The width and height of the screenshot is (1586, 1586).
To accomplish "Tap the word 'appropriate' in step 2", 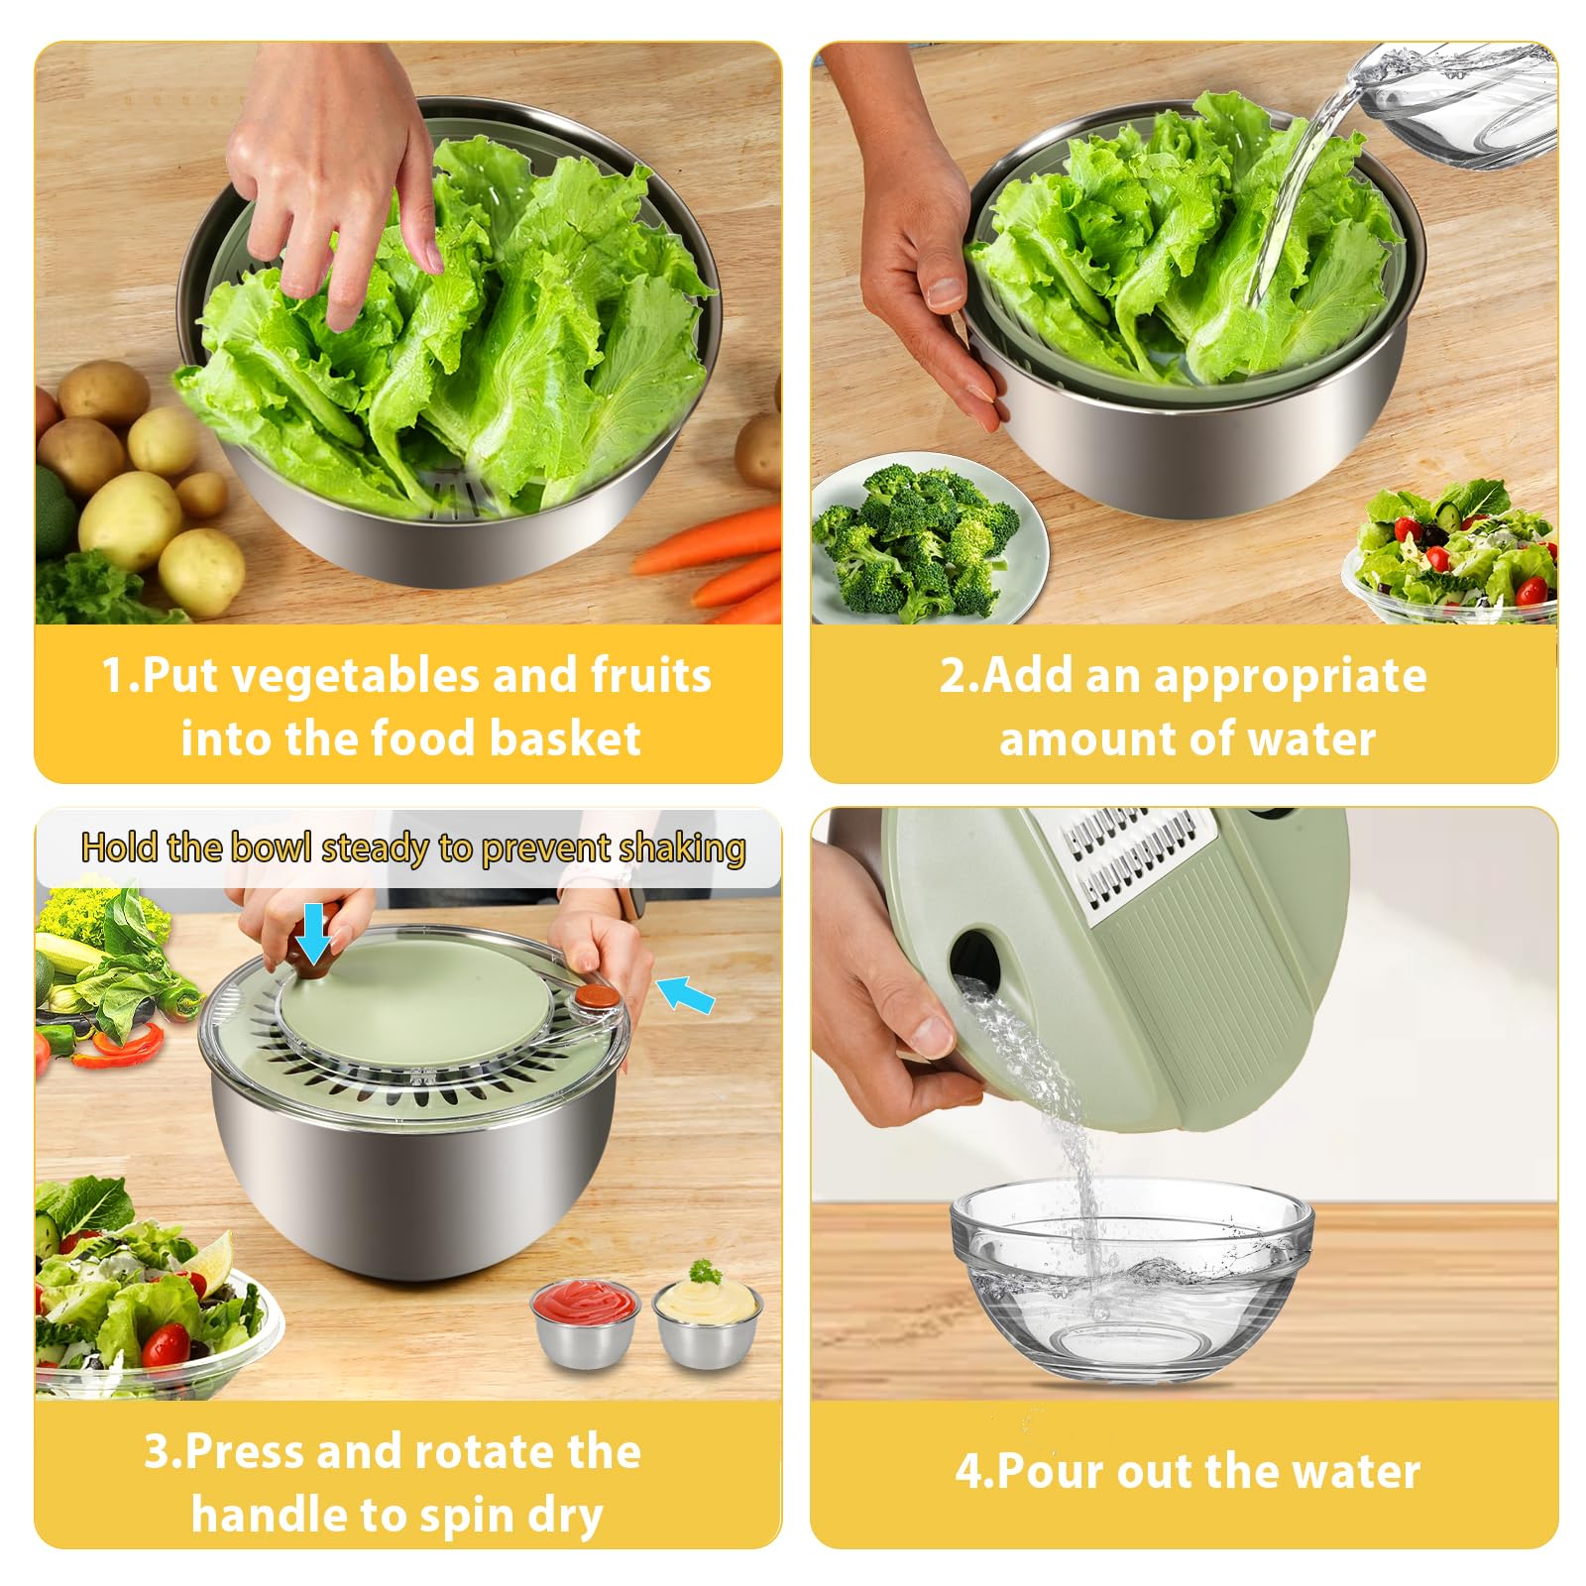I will pyautogui.click(x=1290, y=677).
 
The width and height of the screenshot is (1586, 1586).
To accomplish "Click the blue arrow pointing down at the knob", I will pyautogui.click(x=314, y=934).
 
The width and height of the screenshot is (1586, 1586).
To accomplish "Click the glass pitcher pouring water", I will pyautogui.click(x=1457, y=99).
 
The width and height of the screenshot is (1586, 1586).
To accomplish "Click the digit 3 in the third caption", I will pyautogui.click(x=157, y=1452).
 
